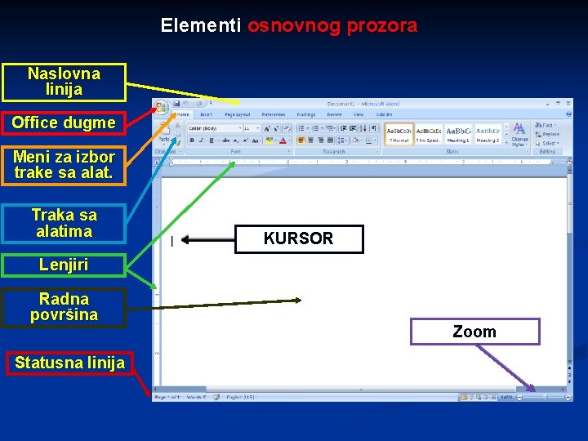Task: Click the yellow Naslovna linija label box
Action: pyautogui.click(x=64, y=82)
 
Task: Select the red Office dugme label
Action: pyautogui.click(x=64, y=122)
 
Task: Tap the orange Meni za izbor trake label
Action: pyautogui.click(x=64, y=164)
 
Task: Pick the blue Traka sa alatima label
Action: pyautogui.click(x=64, y=223)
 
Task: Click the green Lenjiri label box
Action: pyautogui.click(x=64, y=265)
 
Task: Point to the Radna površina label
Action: pyautogui.click(x=64, y=307)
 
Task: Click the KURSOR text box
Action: pyautogui.click(x=298, y=238)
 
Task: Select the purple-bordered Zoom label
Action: pyautogui.click(x=474, y=332)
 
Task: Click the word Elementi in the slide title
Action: pyautogui.click(x=200, y=25)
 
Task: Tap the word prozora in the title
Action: pyautogui.click(x=382, y=25)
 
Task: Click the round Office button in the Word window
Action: pyautogui.click(x=160, y=106)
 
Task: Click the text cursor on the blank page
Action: pyautogui.click(x=171, y=241)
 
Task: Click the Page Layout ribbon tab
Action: pyautogui.click(x=238, y=115)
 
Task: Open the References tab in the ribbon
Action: pyautogui.click(x=274, y=115)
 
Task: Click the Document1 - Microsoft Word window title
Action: pyautogui.click(x=363, y=104)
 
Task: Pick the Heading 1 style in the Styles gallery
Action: pyautogui.click(x=457, y=135)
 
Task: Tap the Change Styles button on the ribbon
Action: pyautogui.click(x=519, y=134)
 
